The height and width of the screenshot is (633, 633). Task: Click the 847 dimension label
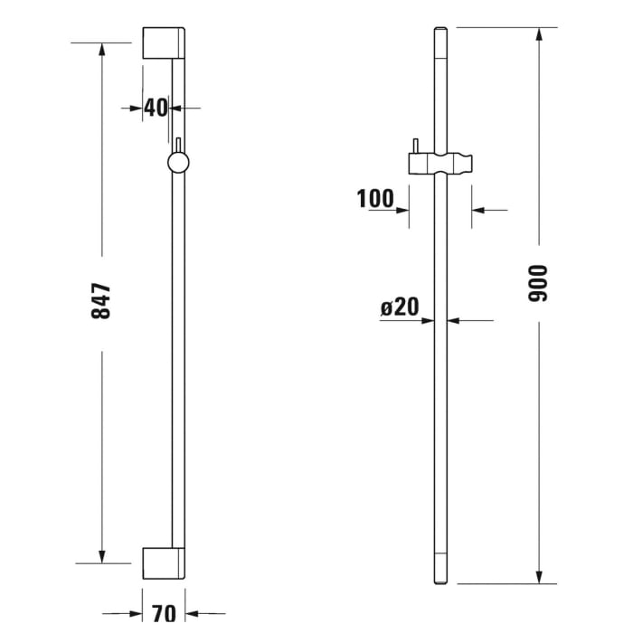[x=101, y=300]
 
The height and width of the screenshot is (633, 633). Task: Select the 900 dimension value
[x=539, y=283]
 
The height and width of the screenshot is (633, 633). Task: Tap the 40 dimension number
[x=156, y=108]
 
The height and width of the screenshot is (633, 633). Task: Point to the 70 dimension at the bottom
[x=164, y=613]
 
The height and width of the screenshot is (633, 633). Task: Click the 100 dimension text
[x=374, y=198]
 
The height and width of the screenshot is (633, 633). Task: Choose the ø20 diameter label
[x=400, y=307]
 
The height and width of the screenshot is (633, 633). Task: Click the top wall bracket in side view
[x=164, y=44]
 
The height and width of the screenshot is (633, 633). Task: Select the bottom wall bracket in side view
[x=164, y=562]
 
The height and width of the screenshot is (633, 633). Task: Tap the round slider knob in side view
[x=179, y=162]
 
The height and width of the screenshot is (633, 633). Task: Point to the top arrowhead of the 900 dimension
[x=539, y=34]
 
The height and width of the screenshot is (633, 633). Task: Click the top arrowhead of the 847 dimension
[x=101, y=50]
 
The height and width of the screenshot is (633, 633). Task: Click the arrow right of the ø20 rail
[x=454, y=320]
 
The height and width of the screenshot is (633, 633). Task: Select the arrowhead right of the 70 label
[x=192, y=613]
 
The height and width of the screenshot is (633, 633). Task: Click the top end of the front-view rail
[x=440, y=30]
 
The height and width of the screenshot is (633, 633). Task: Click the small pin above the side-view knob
[x=179, y=145]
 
